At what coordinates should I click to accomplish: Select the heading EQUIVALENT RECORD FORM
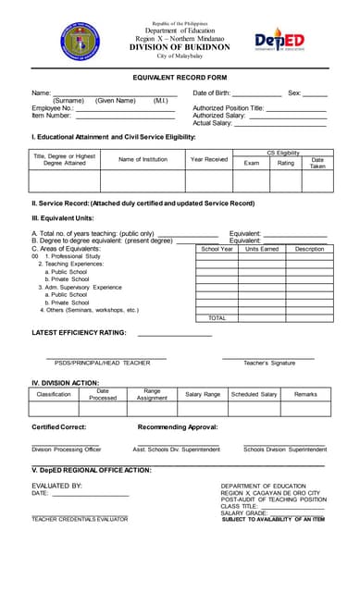point(180,78)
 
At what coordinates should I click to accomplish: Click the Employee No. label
point(52,108)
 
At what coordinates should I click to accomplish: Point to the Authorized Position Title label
point(229,108)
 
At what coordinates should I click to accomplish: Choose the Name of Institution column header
point(143,159)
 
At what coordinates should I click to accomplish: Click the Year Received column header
point(208,159)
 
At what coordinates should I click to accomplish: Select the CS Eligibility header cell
point(282,152)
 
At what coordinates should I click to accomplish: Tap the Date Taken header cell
point(317,163)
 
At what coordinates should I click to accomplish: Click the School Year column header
point(217,249)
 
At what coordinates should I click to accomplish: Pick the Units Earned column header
point(262,249)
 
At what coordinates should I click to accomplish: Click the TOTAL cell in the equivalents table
point(217,317)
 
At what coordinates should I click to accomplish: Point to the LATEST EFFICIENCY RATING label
point(79,332)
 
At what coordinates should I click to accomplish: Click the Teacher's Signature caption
point(269,363)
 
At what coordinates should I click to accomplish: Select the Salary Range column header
point(203,394)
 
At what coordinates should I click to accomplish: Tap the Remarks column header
point(305,394)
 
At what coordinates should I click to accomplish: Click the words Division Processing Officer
point(67,449)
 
